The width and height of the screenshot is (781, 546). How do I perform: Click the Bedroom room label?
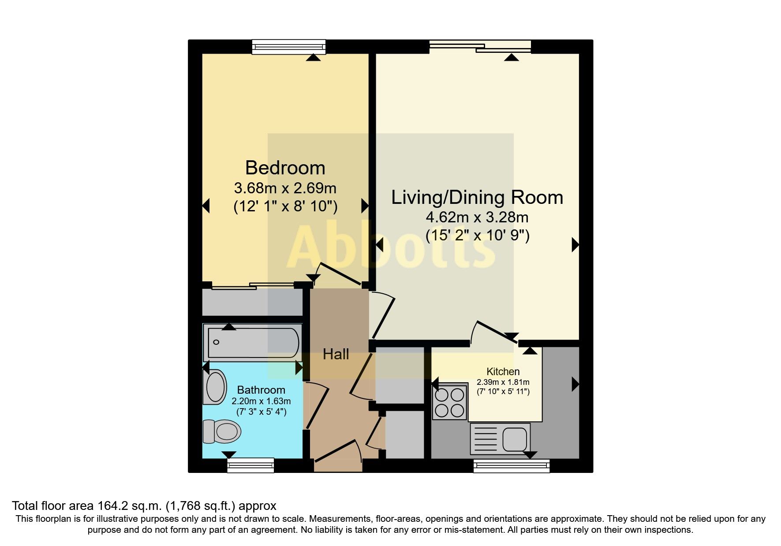[285, 168]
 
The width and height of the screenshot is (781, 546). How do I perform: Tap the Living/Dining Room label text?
[477, 197]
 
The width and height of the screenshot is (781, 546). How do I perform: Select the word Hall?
[336, 354]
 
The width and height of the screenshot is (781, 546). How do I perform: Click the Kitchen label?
[503, 371]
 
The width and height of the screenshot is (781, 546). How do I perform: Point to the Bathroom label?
[261, 390]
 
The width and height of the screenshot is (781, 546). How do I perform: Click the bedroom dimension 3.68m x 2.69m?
[285, 188]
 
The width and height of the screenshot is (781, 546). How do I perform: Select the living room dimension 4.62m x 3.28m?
[477, 217]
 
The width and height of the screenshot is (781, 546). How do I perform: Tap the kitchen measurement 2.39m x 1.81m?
[503, 382]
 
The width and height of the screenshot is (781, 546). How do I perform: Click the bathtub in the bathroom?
[253, 343]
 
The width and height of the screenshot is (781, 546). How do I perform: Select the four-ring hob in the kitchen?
[450, 402]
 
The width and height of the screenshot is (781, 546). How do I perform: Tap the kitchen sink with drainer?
[500, 439]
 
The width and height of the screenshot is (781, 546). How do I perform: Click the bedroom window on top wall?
[289, 47]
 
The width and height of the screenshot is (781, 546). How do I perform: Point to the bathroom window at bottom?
[250, 465]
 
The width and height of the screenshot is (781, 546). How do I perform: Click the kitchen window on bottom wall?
[512, 466]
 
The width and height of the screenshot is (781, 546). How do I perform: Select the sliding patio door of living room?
[480, 46]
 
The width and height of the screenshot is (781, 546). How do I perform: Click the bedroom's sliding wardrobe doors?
[253, 286]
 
